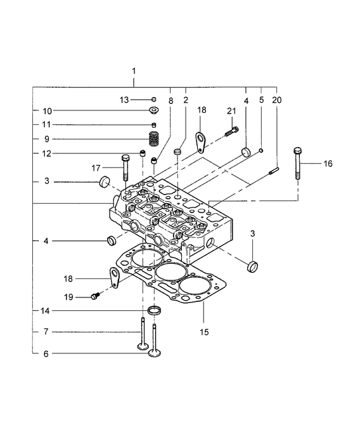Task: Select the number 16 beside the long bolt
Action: (328, 164)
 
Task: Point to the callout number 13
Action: (125, 100)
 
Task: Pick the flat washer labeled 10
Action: (153, 111)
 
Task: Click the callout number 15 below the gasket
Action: (204, 331)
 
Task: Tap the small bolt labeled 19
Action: (96, 295)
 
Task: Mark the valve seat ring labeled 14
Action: (154, 310)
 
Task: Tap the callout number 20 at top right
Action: (276, 100)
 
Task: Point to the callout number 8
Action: (170, 100)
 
